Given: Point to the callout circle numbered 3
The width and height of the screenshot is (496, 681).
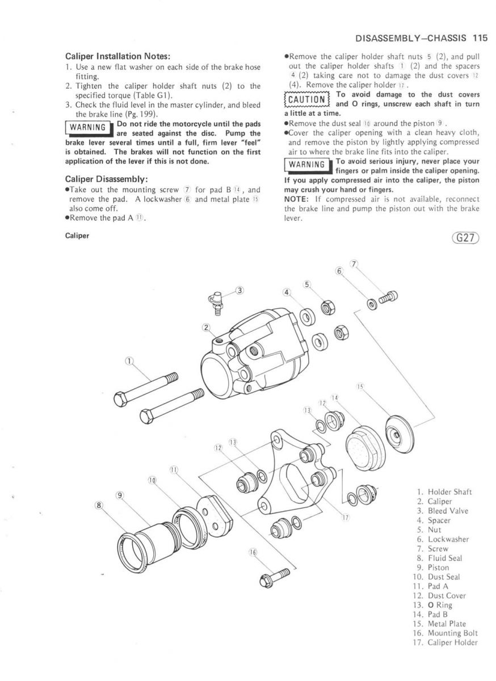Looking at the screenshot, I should pos(239,291).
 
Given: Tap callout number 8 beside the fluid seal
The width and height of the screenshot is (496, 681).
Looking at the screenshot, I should pos(100,504).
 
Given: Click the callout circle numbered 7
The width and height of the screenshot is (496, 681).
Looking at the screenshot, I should pos(355,264).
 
